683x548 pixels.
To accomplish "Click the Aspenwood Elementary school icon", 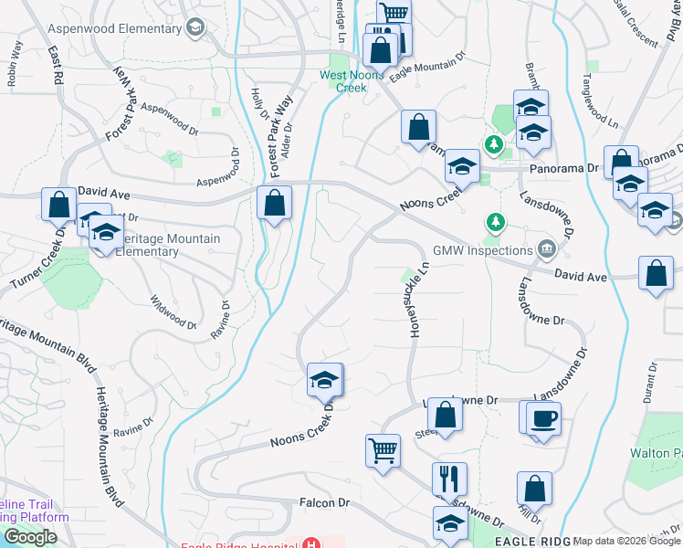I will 194,27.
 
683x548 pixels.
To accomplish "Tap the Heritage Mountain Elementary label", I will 169,245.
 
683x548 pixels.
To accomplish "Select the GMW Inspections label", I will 482,249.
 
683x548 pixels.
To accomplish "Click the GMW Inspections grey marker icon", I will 546,248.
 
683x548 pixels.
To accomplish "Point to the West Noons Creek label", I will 342,81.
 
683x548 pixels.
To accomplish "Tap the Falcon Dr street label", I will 325,502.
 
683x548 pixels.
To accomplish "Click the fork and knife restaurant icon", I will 449,479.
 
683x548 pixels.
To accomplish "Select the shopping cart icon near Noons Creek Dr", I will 382,449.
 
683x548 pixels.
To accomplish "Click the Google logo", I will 30,537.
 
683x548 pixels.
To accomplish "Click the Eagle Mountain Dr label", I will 427,68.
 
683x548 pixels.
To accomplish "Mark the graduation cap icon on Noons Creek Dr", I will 324,379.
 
